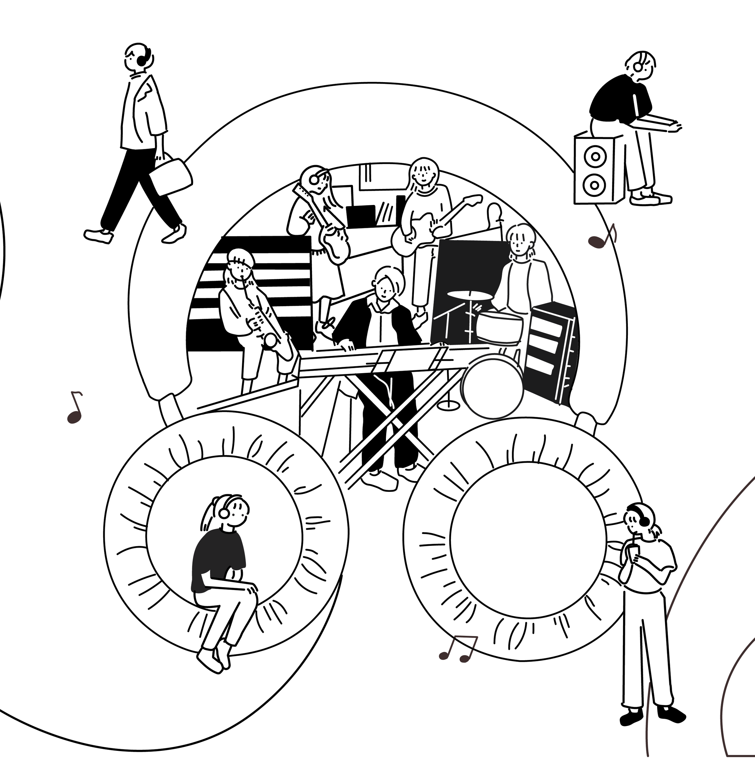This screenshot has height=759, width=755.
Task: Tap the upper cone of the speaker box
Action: [x=595, y=157]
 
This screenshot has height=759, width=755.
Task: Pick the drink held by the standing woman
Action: [x=634, y=553]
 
